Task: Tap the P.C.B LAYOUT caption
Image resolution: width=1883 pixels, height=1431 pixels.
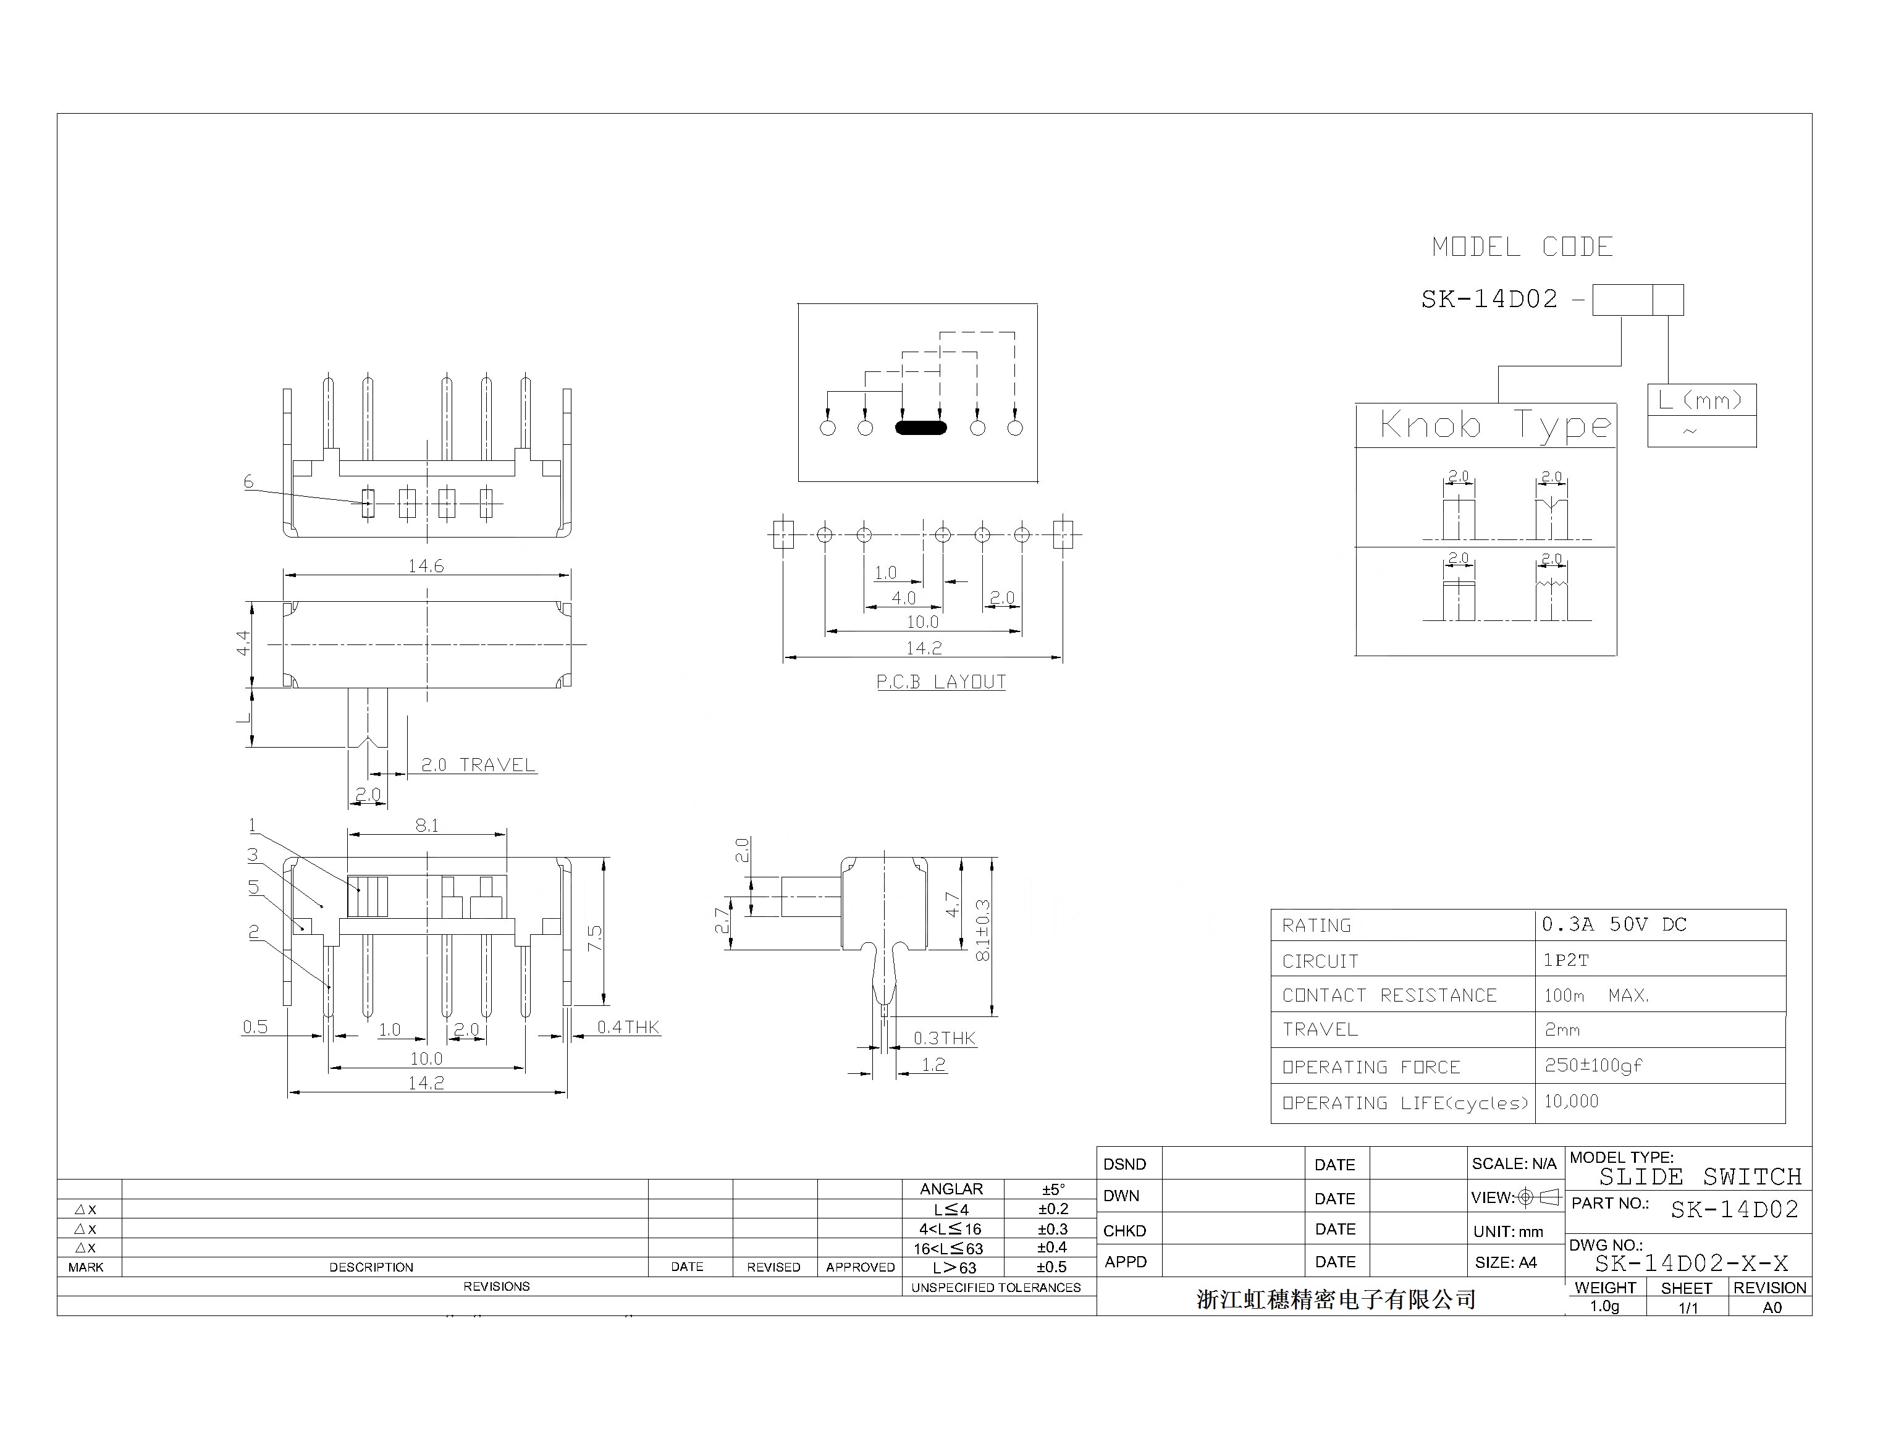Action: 941,682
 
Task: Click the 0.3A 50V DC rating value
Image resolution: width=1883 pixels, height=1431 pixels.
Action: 1614,925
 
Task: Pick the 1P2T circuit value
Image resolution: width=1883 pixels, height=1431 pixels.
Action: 1565,961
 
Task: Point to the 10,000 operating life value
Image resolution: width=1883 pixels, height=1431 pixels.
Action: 1571,1101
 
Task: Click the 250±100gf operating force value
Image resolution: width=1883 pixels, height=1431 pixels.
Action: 1593,1066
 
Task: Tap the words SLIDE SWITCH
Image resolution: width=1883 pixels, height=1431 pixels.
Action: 1700,1177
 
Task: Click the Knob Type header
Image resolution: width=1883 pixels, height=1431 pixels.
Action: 1494,425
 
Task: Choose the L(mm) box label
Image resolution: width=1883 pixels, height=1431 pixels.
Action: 1701,400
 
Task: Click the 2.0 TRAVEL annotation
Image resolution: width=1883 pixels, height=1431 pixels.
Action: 478,765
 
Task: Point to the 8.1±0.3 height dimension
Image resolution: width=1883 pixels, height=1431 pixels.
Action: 983,931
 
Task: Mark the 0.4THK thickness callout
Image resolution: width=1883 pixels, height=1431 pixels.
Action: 628,1028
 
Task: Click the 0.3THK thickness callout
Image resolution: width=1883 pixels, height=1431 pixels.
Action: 945,1038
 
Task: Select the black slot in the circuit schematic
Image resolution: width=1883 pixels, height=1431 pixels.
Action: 920,428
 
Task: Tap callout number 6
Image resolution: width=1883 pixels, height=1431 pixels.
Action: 249,482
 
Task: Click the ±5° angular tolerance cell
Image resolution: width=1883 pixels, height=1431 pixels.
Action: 1053,1189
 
